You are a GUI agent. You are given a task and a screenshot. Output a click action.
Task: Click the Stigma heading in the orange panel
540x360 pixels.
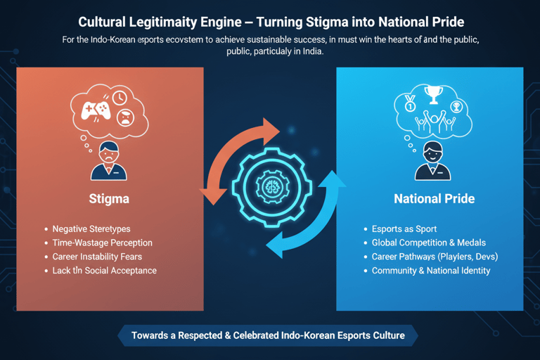[109, 198]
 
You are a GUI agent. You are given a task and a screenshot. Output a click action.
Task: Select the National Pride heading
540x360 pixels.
[434, 198]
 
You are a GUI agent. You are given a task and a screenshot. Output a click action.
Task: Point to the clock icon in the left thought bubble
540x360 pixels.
[119, 98]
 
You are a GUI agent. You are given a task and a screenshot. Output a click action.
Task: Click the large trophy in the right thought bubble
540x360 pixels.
[434, 95]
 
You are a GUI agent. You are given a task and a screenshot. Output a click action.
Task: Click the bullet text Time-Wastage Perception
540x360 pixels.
[102, 243]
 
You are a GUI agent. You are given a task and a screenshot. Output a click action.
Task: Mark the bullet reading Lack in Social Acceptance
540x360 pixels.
[104, 271]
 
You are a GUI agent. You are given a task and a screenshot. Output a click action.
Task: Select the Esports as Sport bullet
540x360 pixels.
[404, 229]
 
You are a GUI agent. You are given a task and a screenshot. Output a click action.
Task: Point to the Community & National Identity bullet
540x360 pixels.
[431, 271]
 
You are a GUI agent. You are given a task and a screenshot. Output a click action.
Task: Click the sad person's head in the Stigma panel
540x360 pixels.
[108, 152]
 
